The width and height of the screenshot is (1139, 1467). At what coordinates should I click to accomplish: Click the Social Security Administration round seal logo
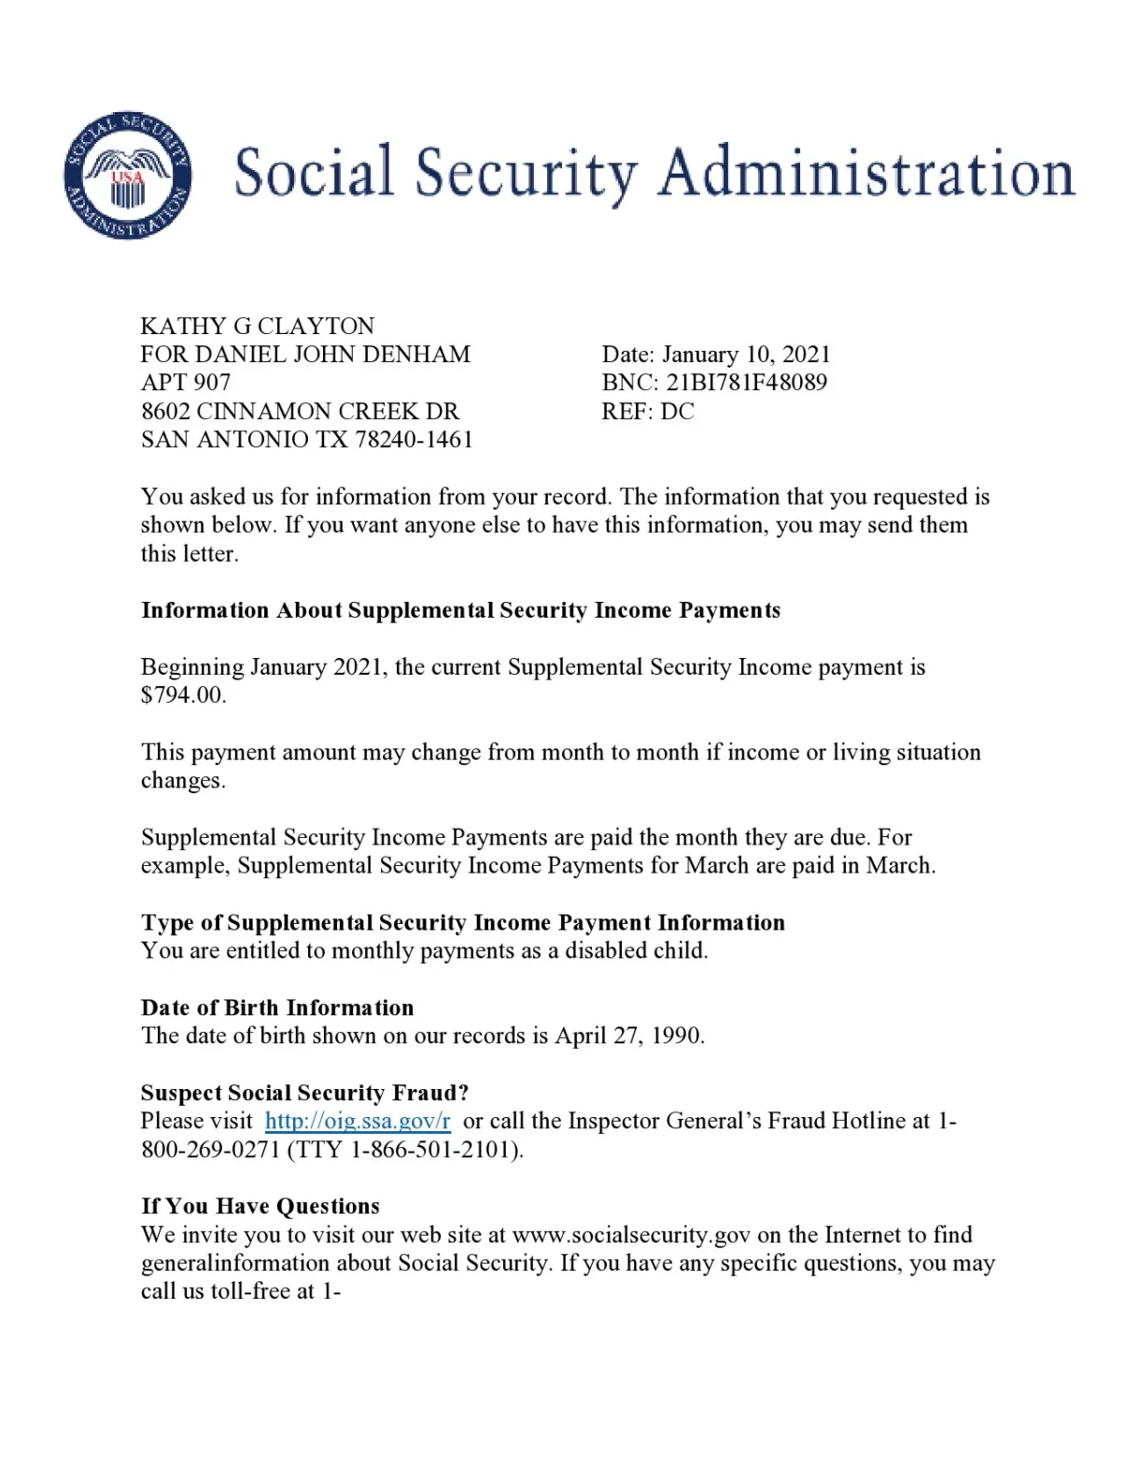coord(127,175)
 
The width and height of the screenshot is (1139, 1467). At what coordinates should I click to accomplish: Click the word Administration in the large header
coord(866,174)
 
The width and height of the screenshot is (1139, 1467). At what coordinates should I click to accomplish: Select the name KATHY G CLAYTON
coord(258,326)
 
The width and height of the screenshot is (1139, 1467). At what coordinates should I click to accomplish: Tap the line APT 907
coord(186,383)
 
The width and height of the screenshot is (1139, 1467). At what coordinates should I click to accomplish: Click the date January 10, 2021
coord(746,355)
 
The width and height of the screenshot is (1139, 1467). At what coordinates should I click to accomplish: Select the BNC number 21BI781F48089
coord(746,383)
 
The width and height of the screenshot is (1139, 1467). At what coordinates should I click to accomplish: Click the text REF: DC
coord(648,412)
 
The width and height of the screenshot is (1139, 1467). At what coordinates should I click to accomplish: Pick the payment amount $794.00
coord(183,695)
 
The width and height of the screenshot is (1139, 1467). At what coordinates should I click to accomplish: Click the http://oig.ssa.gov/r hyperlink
coord(358,1121)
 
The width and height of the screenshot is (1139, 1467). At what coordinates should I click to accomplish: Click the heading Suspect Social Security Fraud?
coord(304,1093)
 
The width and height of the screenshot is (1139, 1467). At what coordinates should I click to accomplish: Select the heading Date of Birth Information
coord(277,1008)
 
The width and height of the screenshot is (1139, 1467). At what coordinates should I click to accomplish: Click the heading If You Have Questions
coord(260,1207)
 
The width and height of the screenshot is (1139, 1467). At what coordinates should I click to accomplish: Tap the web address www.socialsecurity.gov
coord(631,1236)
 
